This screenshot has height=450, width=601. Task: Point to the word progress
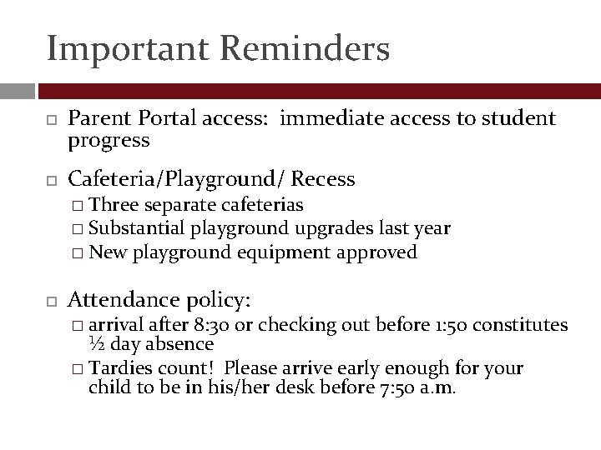109,140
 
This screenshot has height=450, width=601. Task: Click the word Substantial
137,228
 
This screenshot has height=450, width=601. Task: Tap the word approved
376,252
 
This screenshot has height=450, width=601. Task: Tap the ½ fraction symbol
95,344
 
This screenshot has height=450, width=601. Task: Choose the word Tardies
119,367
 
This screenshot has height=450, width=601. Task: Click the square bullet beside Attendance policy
50,300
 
